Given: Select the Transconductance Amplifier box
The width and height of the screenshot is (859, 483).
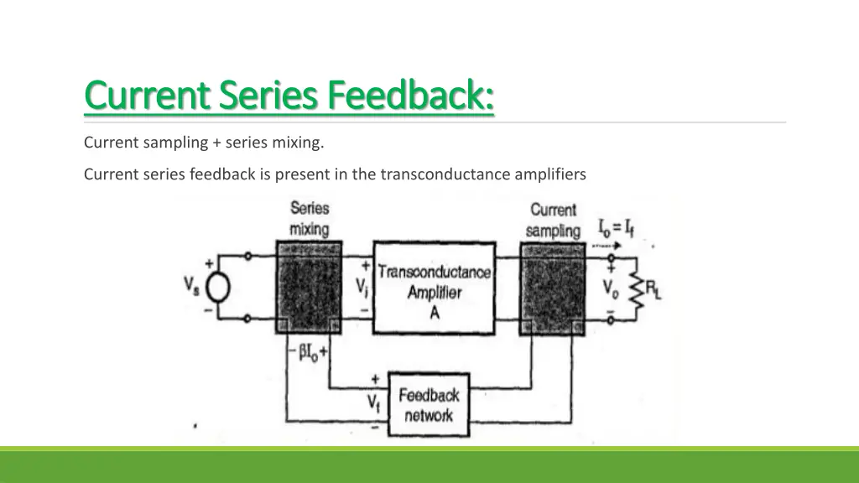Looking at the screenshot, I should click(433, 288).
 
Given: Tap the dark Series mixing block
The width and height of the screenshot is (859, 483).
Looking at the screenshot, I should click(309, 288).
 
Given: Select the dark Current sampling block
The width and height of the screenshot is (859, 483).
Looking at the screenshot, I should click(551, 288).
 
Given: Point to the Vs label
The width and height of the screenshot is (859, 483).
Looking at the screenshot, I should click(191, 285).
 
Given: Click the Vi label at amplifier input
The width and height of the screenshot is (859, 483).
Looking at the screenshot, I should click(362, 288).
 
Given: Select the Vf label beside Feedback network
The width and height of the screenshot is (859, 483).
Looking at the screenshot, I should click(374, 403).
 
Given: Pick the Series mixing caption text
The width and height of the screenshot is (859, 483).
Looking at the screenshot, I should click(309, 218).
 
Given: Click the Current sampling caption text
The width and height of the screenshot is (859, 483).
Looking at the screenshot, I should click(553, 220).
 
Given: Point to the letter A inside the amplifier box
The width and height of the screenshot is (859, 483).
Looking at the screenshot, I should click(434, 314).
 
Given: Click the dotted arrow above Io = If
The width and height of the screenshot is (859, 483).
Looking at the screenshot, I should click(611, 247).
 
